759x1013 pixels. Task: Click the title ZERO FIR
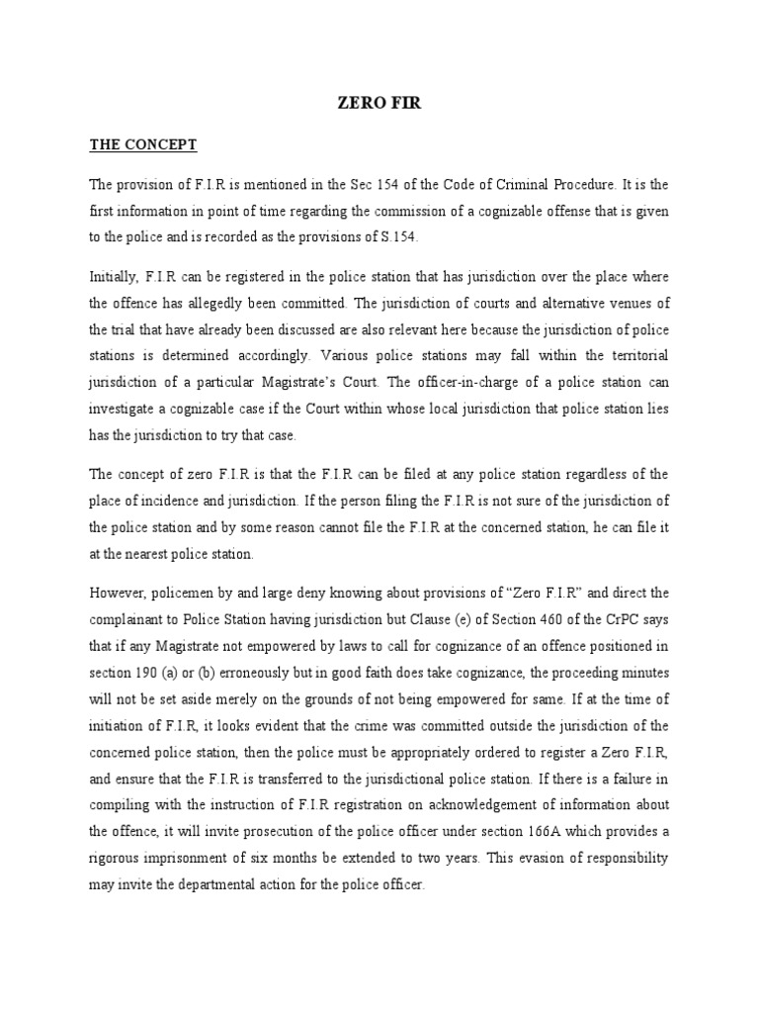click(x=379, y=102)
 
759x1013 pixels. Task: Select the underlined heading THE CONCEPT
click(x=143, y=144)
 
